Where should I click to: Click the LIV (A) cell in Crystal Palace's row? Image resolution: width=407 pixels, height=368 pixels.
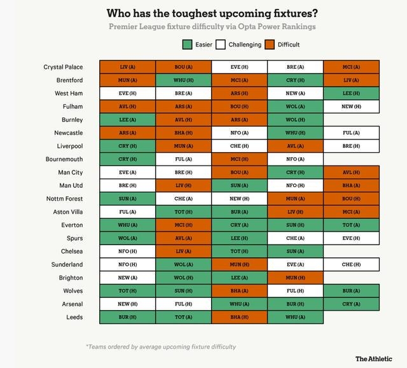pos(128,67)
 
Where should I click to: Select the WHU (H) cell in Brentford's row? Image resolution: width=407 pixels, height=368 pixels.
pos(183,80)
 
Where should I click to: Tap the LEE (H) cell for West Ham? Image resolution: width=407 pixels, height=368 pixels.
pos(351,94)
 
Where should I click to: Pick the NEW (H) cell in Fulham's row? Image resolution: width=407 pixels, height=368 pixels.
pos(351,106)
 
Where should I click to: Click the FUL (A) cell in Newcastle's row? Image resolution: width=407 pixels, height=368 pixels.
pos(351,133)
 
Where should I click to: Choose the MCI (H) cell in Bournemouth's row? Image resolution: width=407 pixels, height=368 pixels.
pos(239,159)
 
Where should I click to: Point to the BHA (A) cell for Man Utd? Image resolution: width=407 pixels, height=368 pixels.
pos(351,185)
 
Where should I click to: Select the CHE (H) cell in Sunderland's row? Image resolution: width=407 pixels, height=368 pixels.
pos(351,264)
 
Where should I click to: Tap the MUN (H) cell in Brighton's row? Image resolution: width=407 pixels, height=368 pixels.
pos(295,278)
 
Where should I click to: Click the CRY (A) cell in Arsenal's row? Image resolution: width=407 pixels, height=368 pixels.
pos(351,304)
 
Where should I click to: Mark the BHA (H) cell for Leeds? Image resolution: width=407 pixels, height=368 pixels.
pos(239,317)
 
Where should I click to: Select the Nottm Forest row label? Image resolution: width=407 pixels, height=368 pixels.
pos(64,199)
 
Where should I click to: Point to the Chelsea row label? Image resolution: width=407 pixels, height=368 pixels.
pos(71,251)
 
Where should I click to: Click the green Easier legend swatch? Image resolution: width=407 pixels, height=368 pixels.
pos(187,45)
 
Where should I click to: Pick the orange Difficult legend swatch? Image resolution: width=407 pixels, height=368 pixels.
pos(270,45)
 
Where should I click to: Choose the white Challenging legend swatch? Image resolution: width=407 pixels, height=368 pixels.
pos(221,45)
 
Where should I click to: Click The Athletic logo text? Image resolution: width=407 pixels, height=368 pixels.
pos(373,358)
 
